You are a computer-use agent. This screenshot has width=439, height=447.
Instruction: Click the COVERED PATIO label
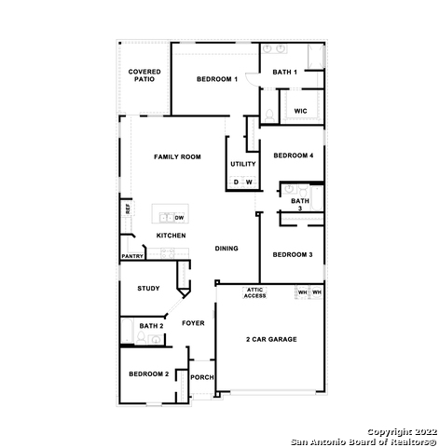point(144,75)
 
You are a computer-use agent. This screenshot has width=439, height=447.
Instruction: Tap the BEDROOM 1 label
point(217,80)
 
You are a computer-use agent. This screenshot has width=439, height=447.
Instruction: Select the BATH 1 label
point(284,72)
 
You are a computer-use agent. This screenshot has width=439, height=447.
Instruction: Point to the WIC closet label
point(300,111)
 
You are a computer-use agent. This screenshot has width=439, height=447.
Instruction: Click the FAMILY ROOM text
point(177,157)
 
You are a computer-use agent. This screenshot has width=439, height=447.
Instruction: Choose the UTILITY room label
point(242,164)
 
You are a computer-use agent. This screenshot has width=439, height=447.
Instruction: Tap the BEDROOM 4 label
point(292,156)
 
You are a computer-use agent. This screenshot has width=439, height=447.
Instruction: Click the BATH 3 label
point(299,204)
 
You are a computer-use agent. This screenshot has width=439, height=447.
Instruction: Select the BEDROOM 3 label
point(292,254)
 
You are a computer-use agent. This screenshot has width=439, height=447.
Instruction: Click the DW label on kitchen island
point(179,217)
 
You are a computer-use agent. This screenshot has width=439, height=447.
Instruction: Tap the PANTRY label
point(132,256)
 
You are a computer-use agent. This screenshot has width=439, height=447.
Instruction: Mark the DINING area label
point(226,249)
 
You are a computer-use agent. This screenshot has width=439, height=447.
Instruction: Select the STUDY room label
point(149,289)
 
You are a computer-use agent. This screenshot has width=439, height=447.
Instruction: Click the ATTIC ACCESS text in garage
point(254,292)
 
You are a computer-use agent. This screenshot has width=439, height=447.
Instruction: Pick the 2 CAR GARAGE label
point(271,339)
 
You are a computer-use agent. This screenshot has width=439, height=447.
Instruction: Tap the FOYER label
point(193,323)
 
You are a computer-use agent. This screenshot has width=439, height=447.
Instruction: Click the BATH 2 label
point(151,326)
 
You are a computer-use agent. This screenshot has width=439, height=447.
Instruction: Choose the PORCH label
point(201,377)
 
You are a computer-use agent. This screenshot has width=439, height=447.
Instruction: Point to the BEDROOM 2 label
point(148,373)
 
